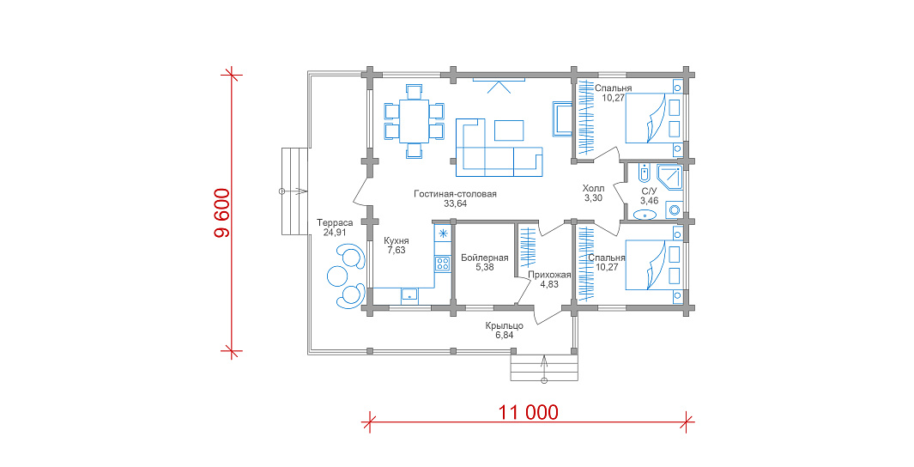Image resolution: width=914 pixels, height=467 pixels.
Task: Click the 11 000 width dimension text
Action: click(528, 412)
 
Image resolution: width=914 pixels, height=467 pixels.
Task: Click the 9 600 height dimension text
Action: click(223, 213)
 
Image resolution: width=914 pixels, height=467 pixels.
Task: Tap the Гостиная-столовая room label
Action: click(455, 193)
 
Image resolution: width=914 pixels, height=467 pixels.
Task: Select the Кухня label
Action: click(396, 240)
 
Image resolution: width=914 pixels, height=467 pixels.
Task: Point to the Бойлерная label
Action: click(484, 258)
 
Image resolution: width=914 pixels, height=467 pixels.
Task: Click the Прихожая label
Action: click(549, 276)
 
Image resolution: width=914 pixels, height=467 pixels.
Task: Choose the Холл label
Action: click(593, 188)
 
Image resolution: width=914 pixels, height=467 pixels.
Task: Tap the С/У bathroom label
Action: click(650, 191)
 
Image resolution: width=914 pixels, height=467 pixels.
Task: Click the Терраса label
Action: click(335, 222)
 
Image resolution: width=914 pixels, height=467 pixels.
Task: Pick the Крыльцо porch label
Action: click(505, 326)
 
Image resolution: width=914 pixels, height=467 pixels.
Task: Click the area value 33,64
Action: click(455, 203)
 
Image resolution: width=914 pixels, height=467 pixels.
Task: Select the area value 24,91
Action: click(335, 232)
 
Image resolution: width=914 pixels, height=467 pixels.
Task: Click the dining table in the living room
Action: click(414, 121)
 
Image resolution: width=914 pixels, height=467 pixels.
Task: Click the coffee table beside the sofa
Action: click(509, 130)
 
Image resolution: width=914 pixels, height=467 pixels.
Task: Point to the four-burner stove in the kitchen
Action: click(443, 263)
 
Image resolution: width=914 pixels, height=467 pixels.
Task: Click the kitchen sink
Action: click(409, 295)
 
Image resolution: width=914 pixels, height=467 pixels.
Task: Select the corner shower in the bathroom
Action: click(669, 177)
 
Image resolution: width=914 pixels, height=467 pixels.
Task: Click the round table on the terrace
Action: click(337, 274)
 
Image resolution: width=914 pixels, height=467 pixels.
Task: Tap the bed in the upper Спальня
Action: click(654, 118)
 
